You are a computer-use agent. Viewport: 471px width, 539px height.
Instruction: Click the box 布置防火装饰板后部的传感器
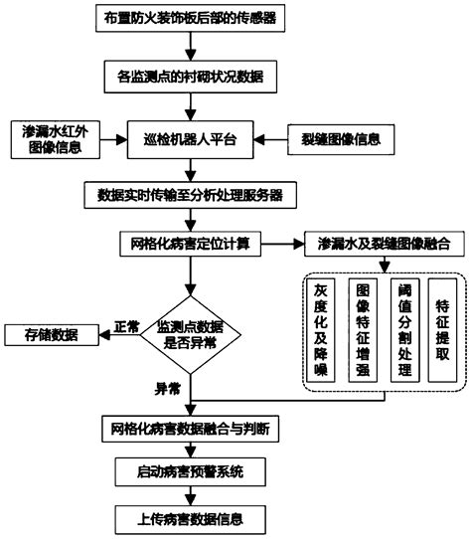[x=189, y=19]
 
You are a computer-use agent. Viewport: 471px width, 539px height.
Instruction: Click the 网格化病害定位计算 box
[x=189, y=243]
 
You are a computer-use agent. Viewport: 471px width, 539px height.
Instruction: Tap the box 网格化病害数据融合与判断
[x=189, y=430]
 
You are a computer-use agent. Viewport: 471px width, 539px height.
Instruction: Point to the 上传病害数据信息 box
[x=189, y=518]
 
